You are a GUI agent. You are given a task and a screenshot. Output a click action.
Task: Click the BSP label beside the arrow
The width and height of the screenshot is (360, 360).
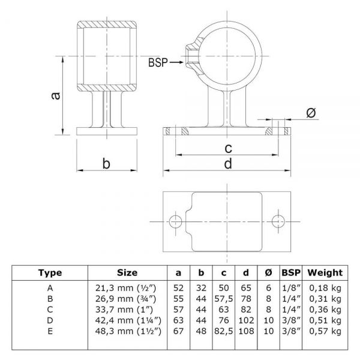click(x=158, y=62)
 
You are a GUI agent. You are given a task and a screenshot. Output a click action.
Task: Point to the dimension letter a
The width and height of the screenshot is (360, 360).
click(x=55, y=96)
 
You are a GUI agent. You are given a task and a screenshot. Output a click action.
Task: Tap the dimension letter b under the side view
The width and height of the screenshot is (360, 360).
click(x=106, y=163)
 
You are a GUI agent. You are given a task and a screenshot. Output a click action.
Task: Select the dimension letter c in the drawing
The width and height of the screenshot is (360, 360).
click(x=228, y=148)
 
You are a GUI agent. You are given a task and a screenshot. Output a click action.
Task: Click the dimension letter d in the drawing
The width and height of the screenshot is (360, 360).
click(x=228, y=164)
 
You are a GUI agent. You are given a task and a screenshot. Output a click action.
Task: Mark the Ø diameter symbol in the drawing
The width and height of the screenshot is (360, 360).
click(x=311, y=113)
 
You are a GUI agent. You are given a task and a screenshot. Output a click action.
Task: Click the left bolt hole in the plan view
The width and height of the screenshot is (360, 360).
click(x=175, y=221)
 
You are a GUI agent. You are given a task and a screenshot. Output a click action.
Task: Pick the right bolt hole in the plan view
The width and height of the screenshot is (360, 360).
click(x=278, y=221)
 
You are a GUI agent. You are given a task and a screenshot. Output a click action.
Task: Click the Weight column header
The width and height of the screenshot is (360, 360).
click(x=325, y=272)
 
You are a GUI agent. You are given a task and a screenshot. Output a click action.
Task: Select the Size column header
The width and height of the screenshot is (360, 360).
click(x=127, y=272)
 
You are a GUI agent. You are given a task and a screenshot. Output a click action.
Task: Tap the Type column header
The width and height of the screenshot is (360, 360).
click(x=50, y=273)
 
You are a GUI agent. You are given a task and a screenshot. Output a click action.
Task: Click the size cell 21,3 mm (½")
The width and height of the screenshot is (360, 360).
click(x=126, y=288)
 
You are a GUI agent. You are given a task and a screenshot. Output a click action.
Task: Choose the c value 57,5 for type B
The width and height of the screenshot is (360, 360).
click(x=224, y=299)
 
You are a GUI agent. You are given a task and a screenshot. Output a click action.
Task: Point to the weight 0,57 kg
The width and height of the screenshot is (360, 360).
click(x=325, y=331)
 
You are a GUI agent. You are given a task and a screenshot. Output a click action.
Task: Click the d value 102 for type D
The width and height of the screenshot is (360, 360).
click(x=246, y=320)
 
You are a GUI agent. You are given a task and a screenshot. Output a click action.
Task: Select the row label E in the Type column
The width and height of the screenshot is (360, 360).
click(x=50, y=331)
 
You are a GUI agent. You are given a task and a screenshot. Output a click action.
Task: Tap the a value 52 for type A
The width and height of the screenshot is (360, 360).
click(x=178, y=288)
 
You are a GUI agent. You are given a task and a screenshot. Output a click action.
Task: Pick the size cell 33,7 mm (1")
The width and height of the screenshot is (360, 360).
click(x=124, y=310)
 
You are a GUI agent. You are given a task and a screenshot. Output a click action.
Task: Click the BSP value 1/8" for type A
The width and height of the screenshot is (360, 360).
click(x=291, y=288)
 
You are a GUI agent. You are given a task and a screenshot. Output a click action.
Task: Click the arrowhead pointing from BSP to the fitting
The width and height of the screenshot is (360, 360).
click(x=181, y=62)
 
